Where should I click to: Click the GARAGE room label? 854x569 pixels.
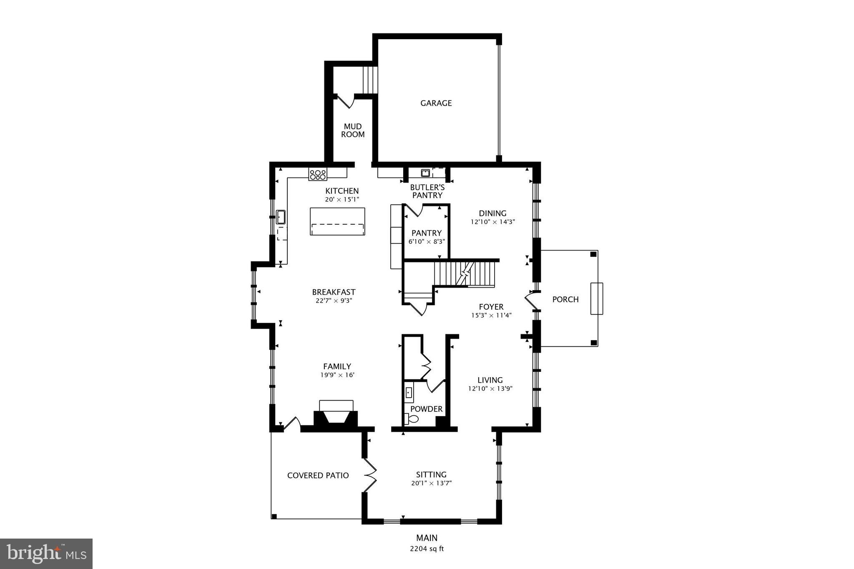tap(436, 103)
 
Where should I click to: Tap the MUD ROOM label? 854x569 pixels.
tap(353, 130)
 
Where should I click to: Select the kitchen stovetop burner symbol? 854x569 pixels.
tap(318, 174)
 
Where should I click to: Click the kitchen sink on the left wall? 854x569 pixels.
tap(281, 217)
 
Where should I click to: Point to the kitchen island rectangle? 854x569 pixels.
tap(337, 221)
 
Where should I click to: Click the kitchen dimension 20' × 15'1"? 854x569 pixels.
tap(342, 199)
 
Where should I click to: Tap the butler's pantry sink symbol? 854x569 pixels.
tap(425, 173)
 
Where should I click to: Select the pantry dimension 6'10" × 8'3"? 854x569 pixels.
tap(426, 241)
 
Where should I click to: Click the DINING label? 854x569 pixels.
tap(492, 213)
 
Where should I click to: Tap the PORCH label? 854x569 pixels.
tap(565, 299)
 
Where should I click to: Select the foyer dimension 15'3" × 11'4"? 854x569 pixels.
tap(491, 316)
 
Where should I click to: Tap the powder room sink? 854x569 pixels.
tap(409, 393)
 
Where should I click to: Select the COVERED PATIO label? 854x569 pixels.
tap(318, 475)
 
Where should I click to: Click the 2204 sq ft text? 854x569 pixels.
tap(427, 549)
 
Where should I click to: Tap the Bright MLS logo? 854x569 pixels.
tap(46, 554)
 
